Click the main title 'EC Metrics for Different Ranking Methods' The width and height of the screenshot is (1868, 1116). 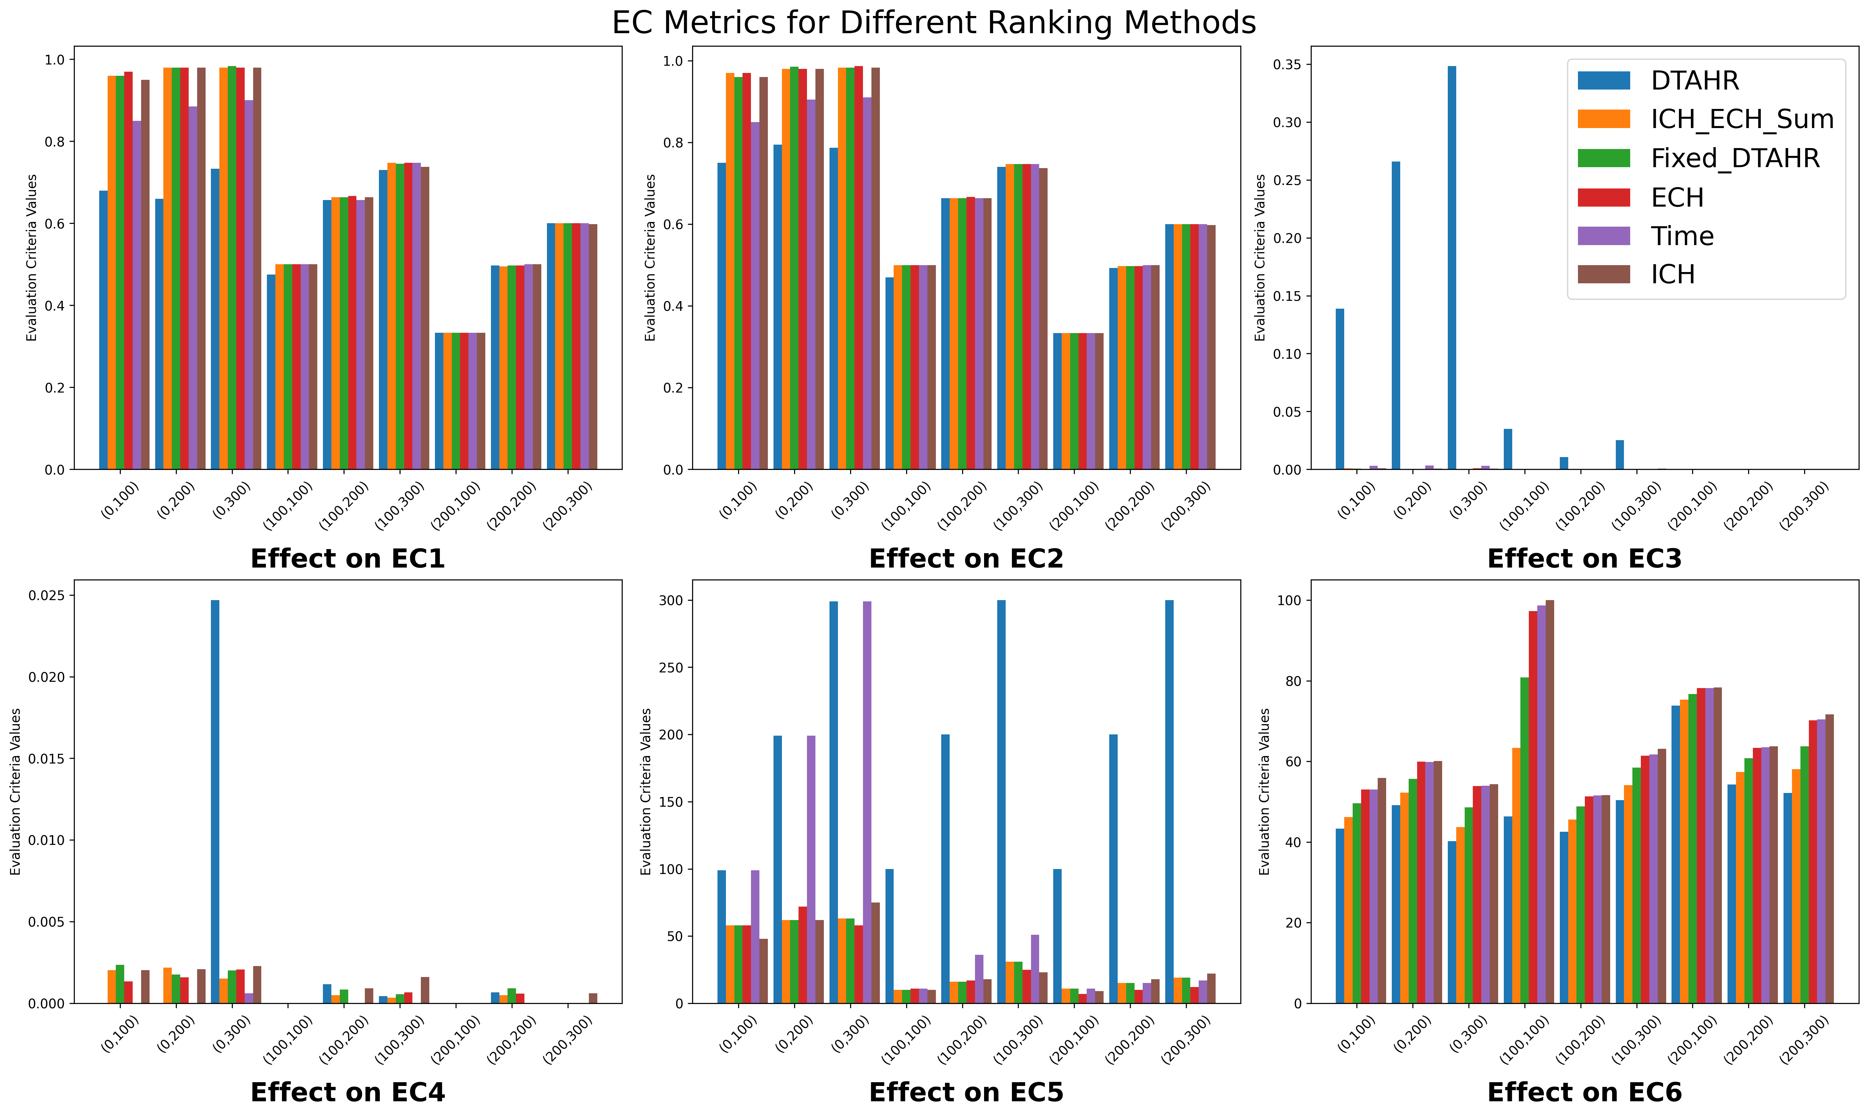pos(934,23)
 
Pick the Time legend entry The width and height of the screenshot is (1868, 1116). pos(1682,236)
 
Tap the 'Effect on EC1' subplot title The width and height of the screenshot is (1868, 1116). pos(347,559)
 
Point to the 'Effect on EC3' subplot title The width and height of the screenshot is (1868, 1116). pos(1584,559)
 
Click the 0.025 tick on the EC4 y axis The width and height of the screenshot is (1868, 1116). pos(47,596)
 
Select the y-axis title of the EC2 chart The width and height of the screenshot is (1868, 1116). pos(650,258)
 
